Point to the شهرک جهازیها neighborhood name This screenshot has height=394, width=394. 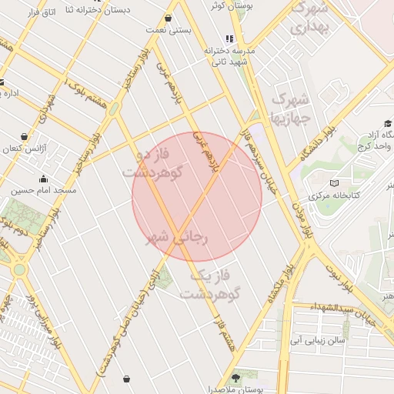290,109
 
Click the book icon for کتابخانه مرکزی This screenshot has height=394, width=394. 333,182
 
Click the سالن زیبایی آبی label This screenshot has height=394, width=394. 316,338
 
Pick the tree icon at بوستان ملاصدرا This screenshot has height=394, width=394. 235,377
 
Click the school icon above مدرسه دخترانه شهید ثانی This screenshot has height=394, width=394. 229,38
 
